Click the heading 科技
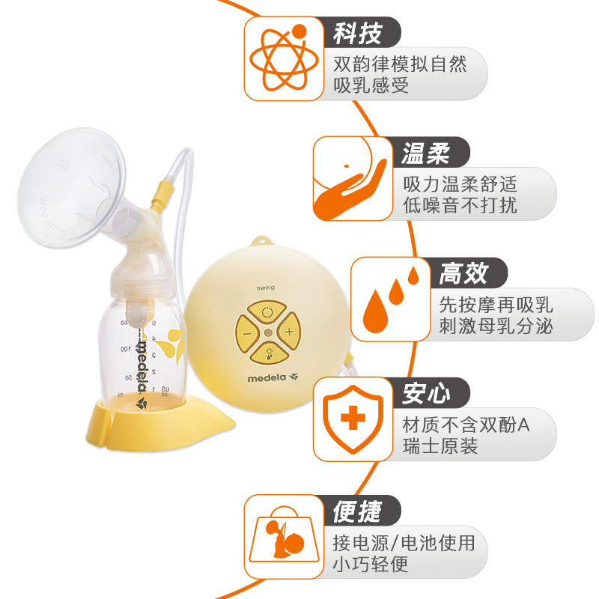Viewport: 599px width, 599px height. pos(357,33)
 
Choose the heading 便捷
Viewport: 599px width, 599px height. pos(357,512)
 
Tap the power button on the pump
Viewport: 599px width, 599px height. pos(268,308)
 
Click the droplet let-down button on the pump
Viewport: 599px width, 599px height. pos(268,352)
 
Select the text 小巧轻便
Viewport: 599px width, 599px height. pos(371,564)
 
